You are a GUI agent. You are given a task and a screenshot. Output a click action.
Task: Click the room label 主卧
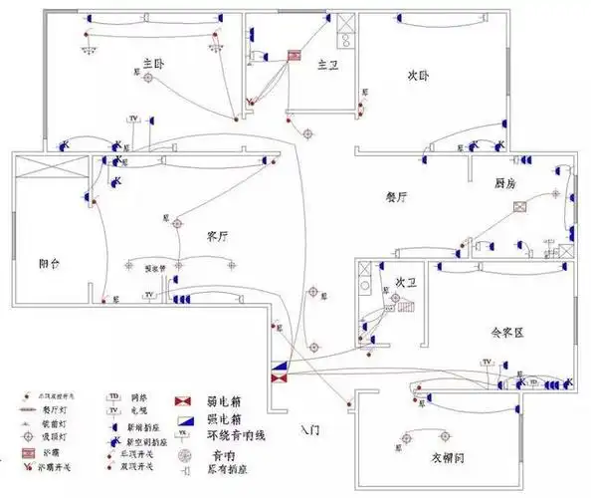(x=152, y=63)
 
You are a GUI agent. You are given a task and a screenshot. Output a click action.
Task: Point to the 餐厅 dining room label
(x=397, y=197)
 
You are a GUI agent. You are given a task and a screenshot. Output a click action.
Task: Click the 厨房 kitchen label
(x=505, y=184)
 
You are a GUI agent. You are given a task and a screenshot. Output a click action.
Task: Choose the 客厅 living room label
(x=218, y=236)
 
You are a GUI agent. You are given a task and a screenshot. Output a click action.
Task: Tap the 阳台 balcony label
(x=50, y=264)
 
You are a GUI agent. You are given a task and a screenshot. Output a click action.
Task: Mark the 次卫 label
(x=405, y=282)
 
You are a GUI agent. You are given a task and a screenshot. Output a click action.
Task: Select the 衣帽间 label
(x=450, y=459)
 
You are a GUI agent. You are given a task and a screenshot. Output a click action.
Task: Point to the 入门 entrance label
(x=310, y=430)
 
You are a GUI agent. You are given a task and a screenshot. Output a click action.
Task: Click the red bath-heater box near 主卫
(x=295, y=57)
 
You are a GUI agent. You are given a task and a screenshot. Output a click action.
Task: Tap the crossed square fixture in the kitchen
(x=518, y=208)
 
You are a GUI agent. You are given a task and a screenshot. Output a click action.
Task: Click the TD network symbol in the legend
(x=113, y=395)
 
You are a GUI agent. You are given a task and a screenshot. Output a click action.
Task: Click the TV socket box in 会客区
(x=488, y=362)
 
